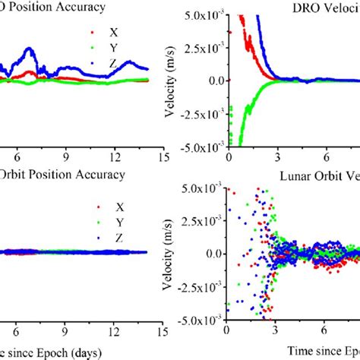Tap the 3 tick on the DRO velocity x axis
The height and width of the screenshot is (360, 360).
point(276,158)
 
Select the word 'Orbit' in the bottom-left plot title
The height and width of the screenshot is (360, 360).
point(17,175)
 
